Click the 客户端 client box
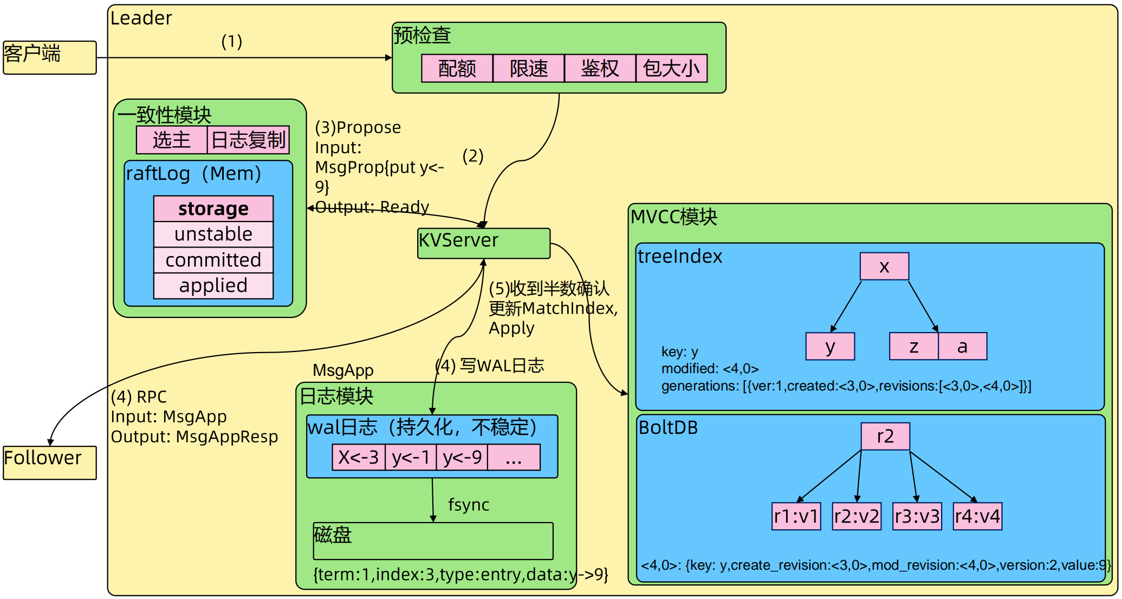49,57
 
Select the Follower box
49,463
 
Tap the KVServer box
483,243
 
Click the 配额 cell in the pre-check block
457,68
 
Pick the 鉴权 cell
600,68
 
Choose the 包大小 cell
671,68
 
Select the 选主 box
172,140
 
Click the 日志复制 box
248,140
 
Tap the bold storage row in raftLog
213,209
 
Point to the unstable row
213,235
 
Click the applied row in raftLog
213,285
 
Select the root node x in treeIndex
884,266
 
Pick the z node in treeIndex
914,346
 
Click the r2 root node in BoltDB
885,436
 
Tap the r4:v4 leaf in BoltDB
977,516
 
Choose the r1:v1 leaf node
796,516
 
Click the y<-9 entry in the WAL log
462,458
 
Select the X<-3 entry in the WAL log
359,458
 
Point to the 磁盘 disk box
433,541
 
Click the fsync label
469,505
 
